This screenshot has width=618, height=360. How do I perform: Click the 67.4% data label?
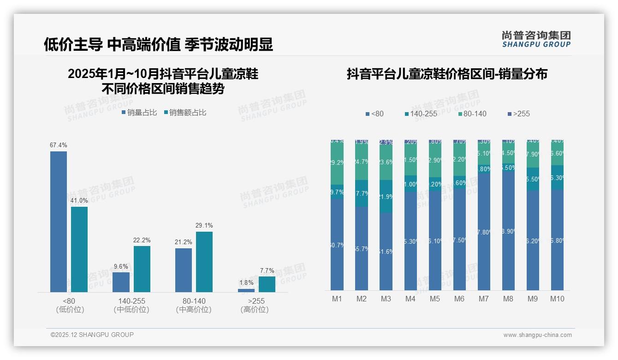[59, 145]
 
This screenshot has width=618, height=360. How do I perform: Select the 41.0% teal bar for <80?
[79, 249]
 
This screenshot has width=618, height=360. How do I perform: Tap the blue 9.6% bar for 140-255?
[121, 282]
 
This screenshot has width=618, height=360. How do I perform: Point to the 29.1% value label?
[204, 226]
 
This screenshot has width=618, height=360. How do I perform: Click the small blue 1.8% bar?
[246, 290]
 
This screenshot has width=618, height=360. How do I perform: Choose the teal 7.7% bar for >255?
[267, 284]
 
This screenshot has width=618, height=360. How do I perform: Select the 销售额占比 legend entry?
[185, 113]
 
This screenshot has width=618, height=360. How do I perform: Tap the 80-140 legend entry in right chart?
[473, 114]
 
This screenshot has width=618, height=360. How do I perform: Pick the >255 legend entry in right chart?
[518, 114]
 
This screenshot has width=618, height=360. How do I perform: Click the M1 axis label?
[337, 299]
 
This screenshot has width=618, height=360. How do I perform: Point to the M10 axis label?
[557, 299]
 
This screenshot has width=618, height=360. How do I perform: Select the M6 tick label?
[459, 299]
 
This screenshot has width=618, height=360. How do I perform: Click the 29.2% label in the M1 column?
[337, 162]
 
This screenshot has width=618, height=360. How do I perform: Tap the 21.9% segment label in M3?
[386, 197]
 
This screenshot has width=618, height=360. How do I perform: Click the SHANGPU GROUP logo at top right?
[536, 39]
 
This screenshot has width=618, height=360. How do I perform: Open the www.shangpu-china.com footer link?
[537, 335]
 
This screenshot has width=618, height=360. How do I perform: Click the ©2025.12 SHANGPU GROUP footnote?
[92, 335]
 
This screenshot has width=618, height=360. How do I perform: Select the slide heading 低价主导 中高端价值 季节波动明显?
[158, 44]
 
